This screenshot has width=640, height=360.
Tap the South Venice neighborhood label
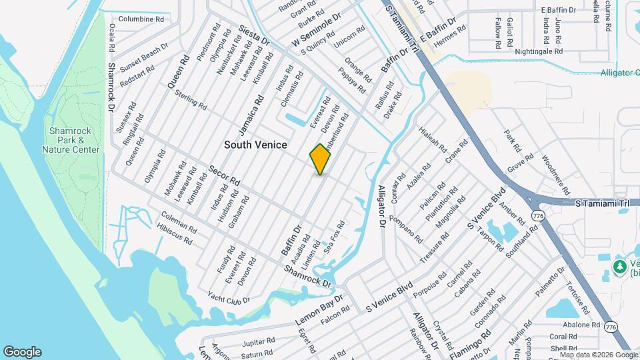(255, 145)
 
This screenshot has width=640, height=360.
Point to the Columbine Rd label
(141, 19)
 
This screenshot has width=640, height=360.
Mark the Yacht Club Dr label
(228, 297)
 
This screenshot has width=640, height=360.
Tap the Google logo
(22, 352)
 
